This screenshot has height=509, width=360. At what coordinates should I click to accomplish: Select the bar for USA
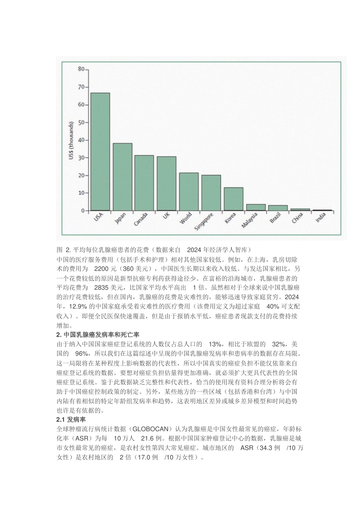point(100,151)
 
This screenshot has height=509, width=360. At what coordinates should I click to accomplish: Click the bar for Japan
point(122,177)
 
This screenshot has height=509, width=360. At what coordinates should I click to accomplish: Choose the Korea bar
point(233,199)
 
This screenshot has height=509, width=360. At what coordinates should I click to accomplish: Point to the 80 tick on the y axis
point(81,69)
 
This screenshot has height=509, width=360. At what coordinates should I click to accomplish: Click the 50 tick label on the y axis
point(81,122)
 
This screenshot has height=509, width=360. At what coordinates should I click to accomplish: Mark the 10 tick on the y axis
point(81,193)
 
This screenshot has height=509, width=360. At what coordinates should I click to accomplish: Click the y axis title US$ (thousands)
point(71,140)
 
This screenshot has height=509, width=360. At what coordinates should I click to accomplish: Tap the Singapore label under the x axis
point(203,222)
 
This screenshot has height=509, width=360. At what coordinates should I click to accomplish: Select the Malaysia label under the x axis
point(249,220)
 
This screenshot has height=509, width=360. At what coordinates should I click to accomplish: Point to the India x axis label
point(321,218)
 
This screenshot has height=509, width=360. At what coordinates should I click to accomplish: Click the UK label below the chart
point(166,215)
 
